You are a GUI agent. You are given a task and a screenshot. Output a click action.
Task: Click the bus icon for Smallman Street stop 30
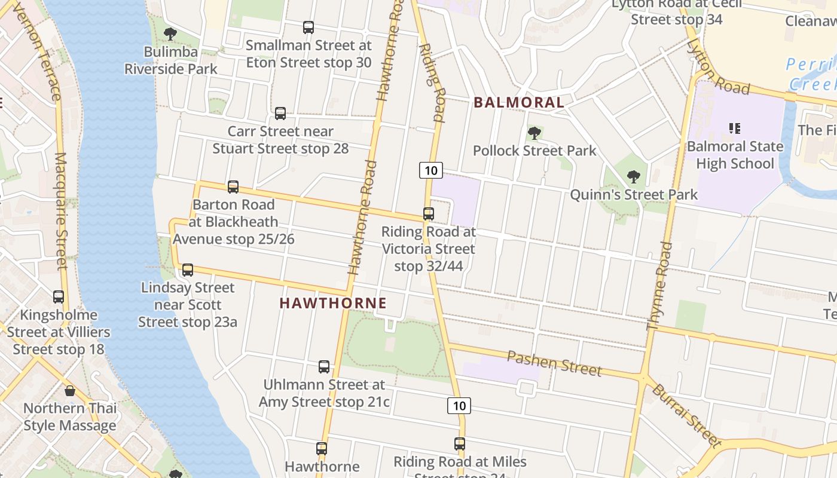[308, 27]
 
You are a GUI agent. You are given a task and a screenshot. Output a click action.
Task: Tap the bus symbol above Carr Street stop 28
[280, 113]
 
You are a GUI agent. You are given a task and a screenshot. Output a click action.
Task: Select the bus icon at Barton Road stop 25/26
[233, 187]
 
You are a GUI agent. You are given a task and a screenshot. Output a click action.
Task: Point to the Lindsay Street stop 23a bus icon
[188, 270]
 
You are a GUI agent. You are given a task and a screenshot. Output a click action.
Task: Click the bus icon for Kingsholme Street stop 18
[59, 296]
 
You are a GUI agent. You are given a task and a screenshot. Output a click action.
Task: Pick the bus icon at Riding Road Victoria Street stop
[429, 213]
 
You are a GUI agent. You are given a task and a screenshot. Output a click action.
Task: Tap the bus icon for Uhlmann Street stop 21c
[324, 366]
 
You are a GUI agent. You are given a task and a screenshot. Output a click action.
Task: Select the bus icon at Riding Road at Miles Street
[460, 444]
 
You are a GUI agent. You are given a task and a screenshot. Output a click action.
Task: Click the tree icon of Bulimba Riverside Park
[170, 33]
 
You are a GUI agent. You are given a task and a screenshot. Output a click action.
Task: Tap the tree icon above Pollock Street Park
[534, 133]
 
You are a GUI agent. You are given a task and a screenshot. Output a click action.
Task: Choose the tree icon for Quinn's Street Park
[634, 177]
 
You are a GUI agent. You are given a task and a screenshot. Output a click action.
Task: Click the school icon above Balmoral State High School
[735, 128]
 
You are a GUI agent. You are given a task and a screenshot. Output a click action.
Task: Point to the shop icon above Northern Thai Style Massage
[70, 391]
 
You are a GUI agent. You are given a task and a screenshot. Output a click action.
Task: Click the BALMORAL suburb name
[519, 103]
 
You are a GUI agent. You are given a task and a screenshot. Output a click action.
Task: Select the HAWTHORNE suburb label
[333, 303]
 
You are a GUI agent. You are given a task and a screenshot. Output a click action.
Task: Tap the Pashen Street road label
[554, 363]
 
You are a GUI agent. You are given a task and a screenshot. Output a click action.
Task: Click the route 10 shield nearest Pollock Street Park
[430, 170]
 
